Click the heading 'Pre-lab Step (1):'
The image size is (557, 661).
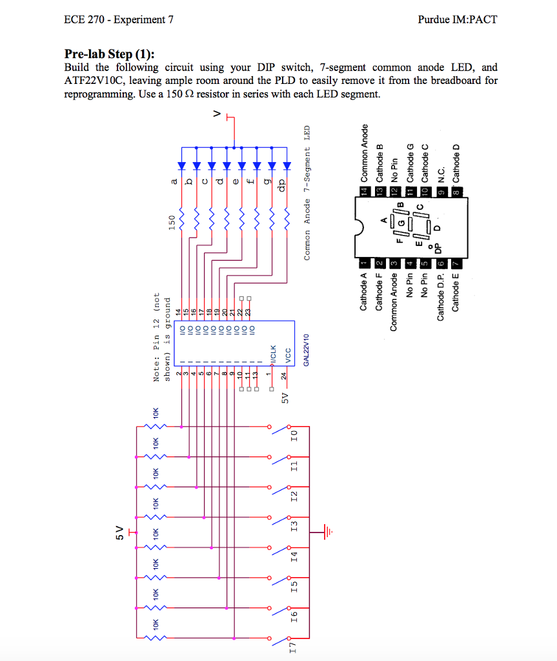coord(110,54)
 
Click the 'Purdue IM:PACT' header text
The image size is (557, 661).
coord(458,19)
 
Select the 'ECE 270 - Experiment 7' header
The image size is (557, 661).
coord(119,19)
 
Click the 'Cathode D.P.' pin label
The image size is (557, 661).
coord(441,298)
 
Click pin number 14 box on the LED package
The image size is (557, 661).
coord(363,191)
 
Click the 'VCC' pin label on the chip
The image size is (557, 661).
coord(289,356)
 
